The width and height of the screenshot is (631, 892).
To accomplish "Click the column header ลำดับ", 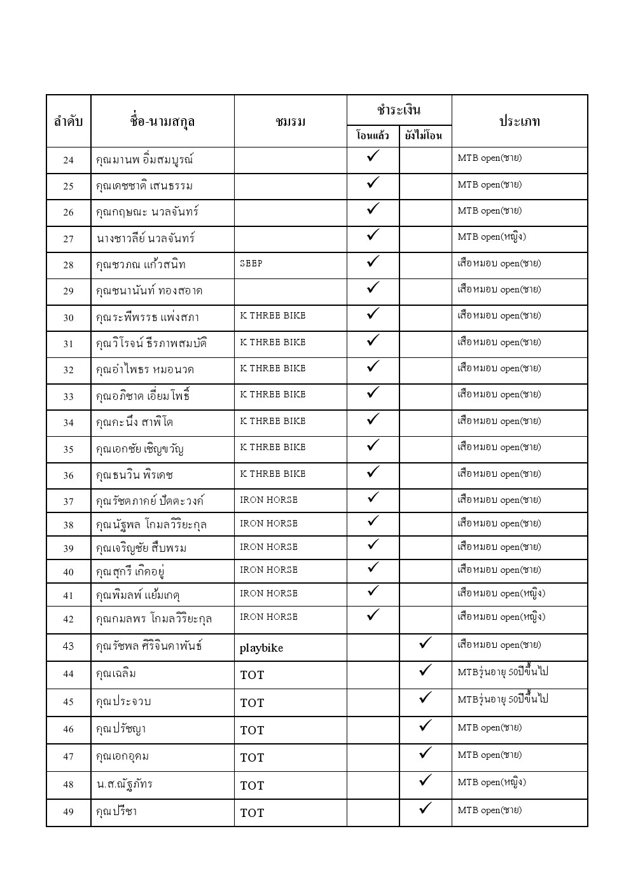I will (69, 121).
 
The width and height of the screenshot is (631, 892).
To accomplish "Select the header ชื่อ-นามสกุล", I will (162, 121).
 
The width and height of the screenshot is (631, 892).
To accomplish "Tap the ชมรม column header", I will (291, 121).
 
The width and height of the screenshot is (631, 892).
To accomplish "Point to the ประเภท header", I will (519, 121).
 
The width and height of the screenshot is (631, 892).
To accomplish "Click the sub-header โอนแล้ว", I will (373, 135).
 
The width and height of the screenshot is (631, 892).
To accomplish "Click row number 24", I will (69, 160).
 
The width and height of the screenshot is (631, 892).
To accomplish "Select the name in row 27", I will (146, 238).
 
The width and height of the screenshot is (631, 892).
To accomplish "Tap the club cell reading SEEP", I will (251, 263).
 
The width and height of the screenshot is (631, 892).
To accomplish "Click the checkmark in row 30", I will (373, 314).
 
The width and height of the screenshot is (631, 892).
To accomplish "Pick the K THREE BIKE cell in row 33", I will (273, 395).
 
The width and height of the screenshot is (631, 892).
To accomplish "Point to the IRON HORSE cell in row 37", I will (268, 500).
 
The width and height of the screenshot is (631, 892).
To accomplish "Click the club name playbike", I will (261, 648).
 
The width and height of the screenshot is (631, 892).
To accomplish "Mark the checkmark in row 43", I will (426, 643).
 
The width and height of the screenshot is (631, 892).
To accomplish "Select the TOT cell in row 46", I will (252, 731).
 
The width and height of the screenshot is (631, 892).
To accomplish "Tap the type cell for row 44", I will (503, 672).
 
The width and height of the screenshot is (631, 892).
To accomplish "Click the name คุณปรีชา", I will (116, 811).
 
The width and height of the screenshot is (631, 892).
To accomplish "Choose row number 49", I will (69, 812).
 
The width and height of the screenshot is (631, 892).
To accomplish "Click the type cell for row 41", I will (501, 594).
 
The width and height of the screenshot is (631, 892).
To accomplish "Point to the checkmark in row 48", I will (426, 780).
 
